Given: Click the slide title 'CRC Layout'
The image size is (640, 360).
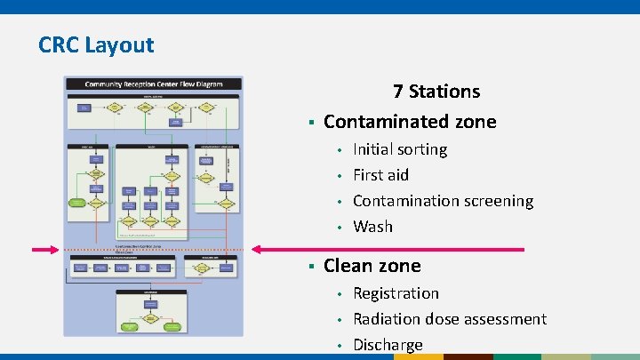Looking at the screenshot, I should [96, 44].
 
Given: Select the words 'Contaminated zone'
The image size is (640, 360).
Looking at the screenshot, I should [410, 122].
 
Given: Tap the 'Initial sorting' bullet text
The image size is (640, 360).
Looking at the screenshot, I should [400, 149].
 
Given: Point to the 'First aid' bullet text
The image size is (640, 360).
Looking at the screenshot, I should [380, 175].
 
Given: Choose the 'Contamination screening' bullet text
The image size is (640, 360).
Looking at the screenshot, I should [443, 201].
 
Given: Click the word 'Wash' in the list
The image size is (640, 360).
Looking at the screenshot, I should [372, 227].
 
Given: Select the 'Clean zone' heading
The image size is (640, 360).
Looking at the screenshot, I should [372, 266].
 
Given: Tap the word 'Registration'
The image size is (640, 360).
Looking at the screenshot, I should [396, 293].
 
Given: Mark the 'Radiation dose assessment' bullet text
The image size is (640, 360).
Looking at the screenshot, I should [449, 319].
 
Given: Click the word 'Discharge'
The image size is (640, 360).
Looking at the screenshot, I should [388, 345].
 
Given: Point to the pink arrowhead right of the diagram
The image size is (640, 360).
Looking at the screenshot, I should [258, 250].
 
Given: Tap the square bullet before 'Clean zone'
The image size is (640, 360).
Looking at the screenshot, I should [310, 267].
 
